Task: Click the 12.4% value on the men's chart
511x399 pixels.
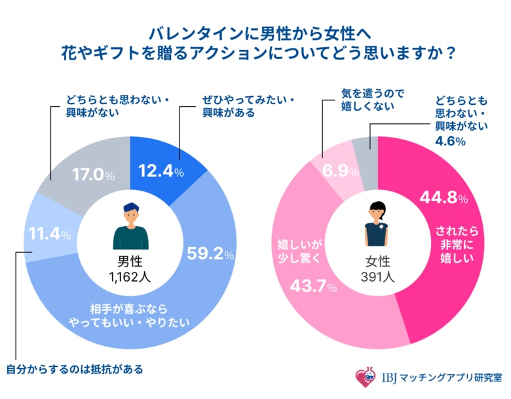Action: click(x=161, y=172)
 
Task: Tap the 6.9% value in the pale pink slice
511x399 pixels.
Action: click(x=340, y=172)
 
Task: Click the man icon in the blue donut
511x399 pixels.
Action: click(x=130, y=226)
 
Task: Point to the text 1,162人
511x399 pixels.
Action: click(x=130, y=276)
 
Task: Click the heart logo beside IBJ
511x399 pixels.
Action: click(x=364, y=377)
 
